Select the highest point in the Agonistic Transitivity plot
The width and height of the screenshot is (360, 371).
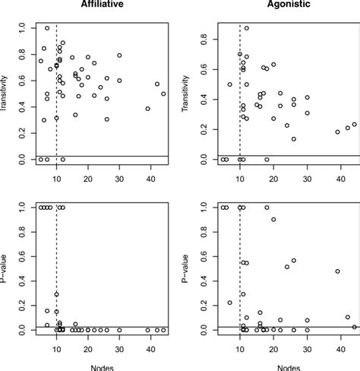(246, 28)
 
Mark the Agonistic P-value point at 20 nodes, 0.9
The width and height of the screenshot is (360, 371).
(273, 220)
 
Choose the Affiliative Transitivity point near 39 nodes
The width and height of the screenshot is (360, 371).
(147, 109)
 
